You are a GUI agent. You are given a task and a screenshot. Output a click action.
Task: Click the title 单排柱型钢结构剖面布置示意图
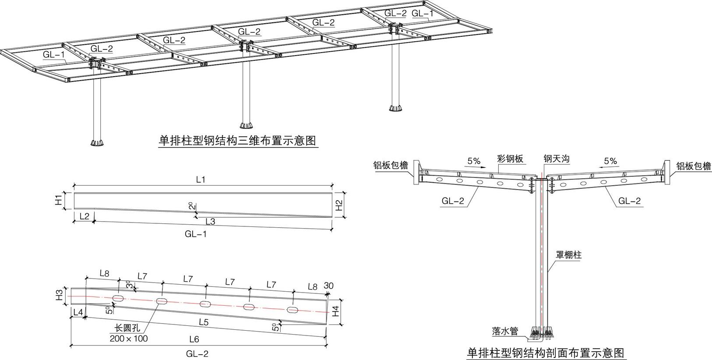(545, 353)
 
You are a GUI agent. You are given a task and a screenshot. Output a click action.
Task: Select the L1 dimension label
(201, 180)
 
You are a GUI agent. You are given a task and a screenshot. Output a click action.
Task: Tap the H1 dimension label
(58, 201)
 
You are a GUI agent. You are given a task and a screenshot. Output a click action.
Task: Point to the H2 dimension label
(339, 205)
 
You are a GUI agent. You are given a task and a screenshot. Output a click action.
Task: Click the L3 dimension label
(210, 222)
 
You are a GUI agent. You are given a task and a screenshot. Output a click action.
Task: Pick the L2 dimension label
(85, 216)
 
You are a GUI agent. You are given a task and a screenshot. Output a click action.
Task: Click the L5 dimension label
(204, 323)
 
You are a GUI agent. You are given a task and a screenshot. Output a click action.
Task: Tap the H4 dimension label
(335, 311)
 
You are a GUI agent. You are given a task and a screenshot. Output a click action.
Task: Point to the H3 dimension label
(59, 296)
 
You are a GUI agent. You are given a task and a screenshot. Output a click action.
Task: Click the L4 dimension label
(78, 312)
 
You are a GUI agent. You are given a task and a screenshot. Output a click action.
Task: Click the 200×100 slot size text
(129, 339)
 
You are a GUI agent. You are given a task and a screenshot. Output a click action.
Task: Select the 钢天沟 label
(556, 159)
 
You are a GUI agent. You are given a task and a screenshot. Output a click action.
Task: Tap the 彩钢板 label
(510, 159)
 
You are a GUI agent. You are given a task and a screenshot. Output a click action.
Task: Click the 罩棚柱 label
(568, 255)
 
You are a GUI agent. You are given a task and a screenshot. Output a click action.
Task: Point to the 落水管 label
(505, 331)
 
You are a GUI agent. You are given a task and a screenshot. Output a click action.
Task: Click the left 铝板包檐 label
(391, 166)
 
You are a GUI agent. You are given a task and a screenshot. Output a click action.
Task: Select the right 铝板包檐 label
(694, 166)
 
